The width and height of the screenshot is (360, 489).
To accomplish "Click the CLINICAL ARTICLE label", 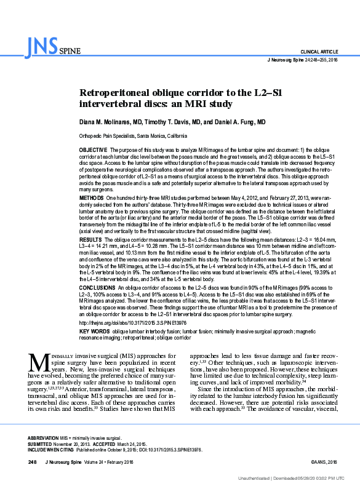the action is click(x=319, y=50).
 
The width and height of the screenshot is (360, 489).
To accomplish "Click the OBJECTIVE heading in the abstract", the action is click(x=94, y=150).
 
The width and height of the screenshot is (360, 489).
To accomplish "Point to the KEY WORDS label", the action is click(x=94, y=332).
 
